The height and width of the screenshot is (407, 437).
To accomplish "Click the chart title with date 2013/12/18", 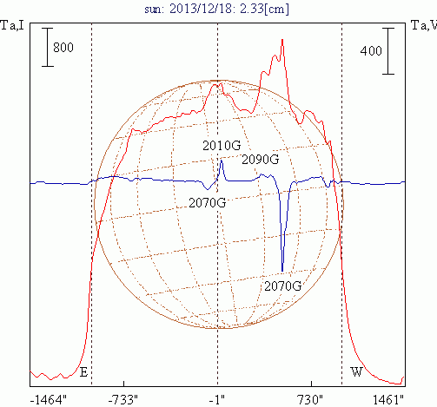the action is pos(216,9).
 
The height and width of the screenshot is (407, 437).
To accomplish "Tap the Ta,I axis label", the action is pos(12,25).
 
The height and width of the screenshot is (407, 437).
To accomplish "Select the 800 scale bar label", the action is pos(63,47).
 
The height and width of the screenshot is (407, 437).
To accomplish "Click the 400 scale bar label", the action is pos(371,51).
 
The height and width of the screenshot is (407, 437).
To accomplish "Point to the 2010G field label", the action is pos(222,146).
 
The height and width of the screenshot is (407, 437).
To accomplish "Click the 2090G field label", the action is pos(261,160).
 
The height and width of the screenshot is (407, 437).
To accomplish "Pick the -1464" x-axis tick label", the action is pos(48,400).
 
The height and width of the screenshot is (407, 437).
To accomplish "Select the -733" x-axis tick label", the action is pos(123,400).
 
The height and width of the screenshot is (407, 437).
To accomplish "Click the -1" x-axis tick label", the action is pos(217,400).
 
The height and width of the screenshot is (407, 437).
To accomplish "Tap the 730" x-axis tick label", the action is pos(310,400).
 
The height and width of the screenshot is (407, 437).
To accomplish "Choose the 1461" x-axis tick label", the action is pos(388,400).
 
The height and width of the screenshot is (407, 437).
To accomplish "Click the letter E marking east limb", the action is pos(83,372).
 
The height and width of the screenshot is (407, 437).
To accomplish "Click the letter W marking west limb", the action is pos(356,371).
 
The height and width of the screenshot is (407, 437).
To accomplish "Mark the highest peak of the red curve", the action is pos(282,39).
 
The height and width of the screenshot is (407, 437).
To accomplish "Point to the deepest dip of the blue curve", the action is pos(282,271).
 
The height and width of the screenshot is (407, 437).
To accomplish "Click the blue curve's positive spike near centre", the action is pos(222,161).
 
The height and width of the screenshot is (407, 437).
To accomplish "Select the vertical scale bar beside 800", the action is pos(48,47).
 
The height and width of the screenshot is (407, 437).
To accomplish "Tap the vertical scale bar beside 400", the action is pos(388,51).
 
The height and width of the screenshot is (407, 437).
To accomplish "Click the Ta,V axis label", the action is pos(424,25).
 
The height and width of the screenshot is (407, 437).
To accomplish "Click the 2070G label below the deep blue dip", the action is pos(283,286).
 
